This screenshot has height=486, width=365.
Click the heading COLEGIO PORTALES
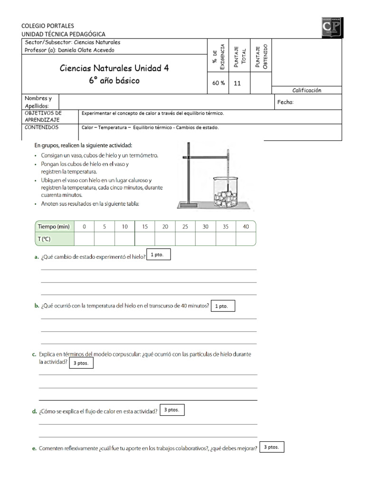click(x=48, y=26)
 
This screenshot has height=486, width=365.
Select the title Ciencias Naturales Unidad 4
click(x=114, y=68)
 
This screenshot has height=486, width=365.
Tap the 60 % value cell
click(x=219, y=83)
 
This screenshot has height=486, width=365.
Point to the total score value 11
click(x=238, y=83)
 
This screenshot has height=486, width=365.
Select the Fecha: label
click(x=285, y=102)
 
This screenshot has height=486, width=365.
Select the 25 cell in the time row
click(x=185, y=227)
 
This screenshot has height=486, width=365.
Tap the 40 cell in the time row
click(x=246, y=227)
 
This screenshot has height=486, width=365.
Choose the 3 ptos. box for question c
click(x=81, y=364)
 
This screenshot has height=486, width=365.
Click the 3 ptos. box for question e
click(x=272, y=447)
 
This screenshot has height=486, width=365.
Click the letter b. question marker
click(x=37, y=306)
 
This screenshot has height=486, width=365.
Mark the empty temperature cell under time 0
click(x=84, y=239)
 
